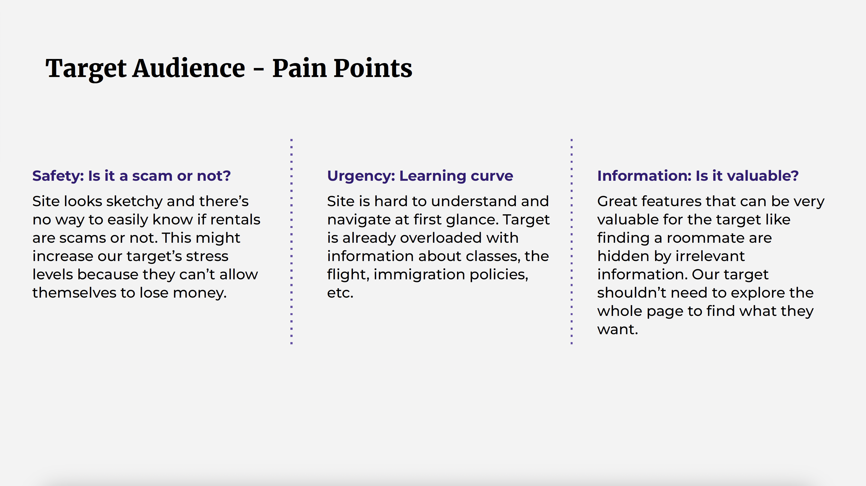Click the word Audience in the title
click(x=188, y=68)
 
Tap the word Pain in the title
click(x=299, y=68)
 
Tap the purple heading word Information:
click(x=644, y=176)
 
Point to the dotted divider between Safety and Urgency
click(x=291, y=241)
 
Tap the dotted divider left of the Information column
click(x=572, y=241)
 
